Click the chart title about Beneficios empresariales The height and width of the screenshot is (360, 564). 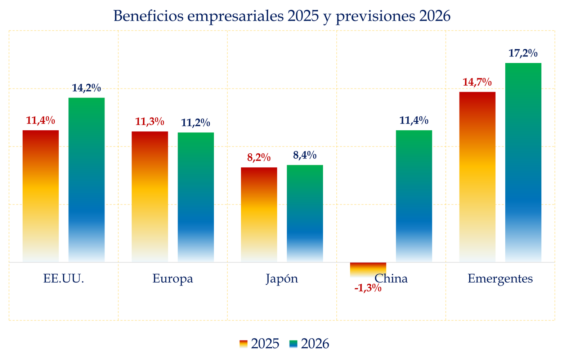pyautogui.click(x=282, y=16)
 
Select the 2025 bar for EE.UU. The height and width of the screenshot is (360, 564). pyautogui.click(x=41, y=196)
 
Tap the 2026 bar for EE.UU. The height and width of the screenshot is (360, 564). pyautogui.click(x=86, y=180)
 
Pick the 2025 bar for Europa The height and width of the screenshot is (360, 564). pyautogui.click(x=150, y=197)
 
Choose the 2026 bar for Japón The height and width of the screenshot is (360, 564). pyautogui.click(x=305, y=213)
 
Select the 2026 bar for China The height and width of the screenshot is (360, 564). pyautogui.click(x=414, y=196)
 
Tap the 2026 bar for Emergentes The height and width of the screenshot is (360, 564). pyautogui.click(x=523, y=163)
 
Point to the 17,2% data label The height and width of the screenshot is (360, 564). pyautogui.click(x=523, y=54)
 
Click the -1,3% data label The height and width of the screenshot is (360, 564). pyautogui.click(x=368, y=288)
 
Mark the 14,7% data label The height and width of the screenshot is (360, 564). pyautogui.click(x=477, y=82)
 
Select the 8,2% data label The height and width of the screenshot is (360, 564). pyautogui.click(x=259, y=158)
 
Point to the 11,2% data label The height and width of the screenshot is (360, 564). pyautogui.click(x=196, y=123)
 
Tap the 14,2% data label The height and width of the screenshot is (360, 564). pyautogui.click(x=86, y=88)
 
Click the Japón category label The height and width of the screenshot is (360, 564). pyautogui.click(x=282, y=279)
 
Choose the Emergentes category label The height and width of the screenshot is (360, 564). pyautogui.click(x=500, y=279)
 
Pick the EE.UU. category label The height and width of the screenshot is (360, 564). pyautogui.click(x=63, y=279)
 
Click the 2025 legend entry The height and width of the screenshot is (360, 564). pyautogui.click(x=259, y=344)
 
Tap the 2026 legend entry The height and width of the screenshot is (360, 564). pyautogui.click(x=309, y=344)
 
